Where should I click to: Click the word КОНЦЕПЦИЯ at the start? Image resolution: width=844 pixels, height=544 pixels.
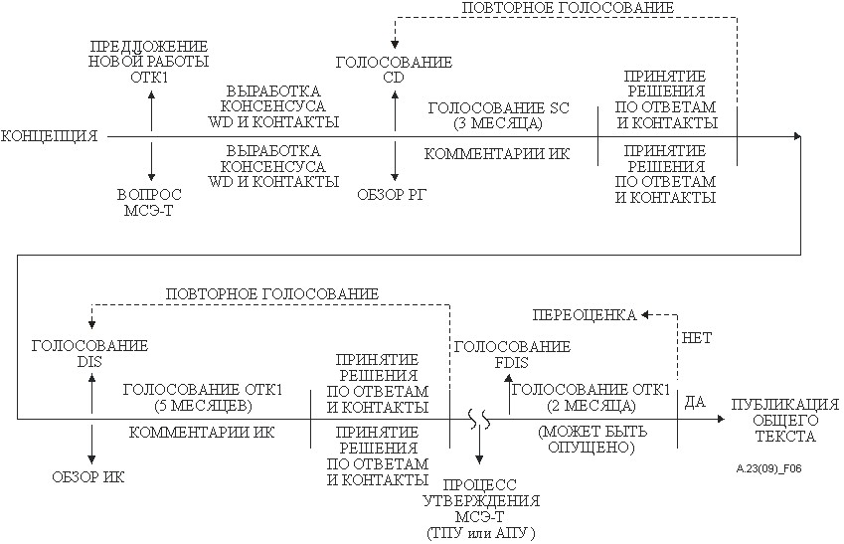point(49,135)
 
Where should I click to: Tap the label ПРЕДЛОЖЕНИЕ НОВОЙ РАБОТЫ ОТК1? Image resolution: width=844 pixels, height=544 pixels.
point(148,62)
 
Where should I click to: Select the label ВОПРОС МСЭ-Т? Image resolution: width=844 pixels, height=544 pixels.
point(150,202)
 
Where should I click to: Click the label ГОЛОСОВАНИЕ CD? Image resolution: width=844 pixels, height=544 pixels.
point(394,70)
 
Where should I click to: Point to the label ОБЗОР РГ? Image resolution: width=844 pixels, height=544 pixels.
point(392,195)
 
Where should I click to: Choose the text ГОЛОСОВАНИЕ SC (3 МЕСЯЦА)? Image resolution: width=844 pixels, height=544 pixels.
point(498,115)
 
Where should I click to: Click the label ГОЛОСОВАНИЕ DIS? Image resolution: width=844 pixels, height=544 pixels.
point(89,353)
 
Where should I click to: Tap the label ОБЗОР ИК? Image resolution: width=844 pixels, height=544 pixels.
point(88,476)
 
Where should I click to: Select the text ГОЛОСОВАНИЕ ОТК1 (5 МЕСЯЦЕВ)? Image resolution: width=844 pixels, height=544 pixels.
point(203,397)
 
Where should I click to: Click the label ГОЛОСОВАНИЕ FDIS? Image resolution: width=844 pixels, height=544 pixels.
point(512,354)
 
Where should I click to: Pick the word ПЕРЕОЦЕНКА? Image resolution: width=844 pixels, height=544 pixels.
point(585,314)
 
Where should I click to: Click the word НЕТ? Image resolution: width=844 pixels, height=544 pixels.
point(697,338)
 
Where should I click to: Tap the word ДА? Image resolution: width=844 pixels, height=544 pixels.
point(695,402)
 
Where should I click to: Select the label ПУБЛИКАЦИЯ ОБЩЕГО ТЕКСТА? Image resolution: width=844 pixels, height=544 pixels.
point(785,420)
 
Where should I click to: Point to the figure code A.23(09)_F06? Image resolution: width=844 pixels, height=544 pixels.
point(768,468)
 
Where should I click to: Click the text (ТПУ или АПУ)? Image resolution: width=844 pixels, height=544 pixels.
point(481,533)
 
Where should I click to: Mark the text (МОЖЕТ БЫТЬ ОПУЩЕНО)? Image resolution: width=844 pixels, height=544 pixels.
point(592,439)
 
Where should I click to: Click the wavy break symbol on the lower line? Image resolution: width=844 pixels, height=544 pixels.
point(479,419)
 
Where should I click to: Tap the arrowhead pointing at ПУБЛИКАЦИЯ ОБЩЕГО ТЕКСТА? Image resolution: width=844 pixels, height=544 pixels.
point(722,419)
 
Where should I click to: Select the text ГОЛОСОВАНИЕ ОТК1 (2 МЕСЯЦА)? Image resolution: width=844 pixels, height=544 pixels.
point(591,397)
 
